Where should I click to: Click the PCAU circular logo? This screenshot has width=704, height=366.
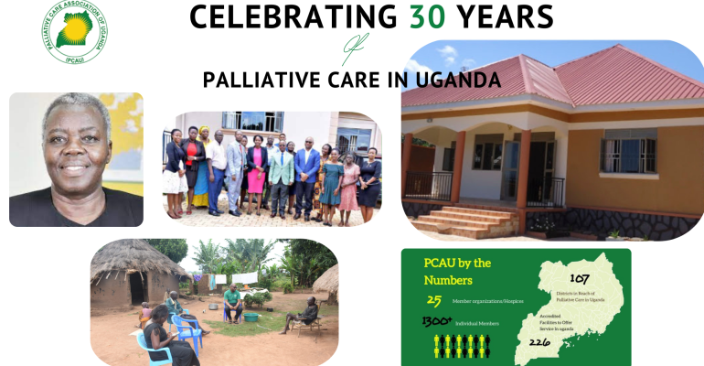[x=72, y=34]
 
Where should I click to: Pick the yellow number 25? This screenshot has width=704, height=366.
[x=434, y=299]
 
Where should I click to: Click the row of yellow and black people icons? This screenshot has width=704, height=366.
[x=462, y=345]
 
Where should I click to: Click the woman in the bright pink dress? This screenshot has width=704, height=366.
[x=257, y=172]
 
